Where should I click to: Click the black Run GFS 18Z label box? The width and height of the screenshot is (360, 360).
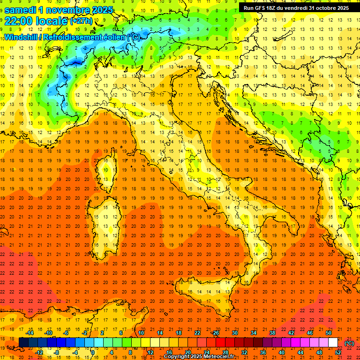(296, 8)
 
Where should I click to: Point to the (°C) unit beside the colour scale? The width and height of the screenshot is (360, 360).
(349, 343)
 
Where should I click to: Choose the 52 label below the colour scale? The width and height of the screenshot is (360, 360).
(338, 352)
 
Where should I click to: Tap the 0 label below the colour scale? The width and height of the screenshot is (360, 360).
(93, 352)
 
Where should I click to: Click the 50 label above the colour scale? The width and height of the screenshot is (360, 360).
(328, 333)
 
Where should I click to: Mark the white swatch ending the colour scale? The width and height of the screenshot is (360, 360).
(333, 342)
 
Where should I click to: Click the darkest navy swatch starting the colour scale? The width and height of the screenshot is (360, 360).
(23, 342)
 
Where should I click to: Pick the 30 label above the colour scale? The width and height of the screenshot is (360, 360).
(234, 333)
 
